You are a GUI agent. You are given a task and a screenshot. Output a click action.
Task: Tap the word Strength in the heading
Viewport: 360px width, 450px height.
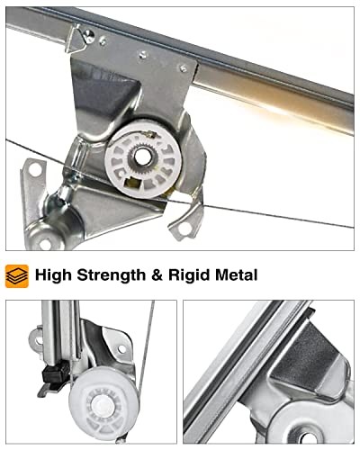pyautogui.click(x=117, y=274)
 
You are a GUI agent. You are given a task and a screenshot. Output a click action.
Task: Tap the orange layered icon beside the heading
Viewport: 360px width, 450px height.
pyautogui.click(x=17, y=275)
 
